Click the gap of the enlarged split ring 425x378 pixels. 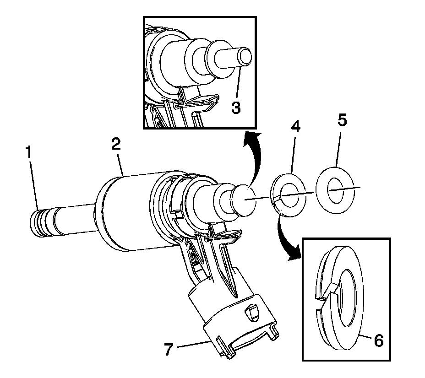[326, 293]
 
